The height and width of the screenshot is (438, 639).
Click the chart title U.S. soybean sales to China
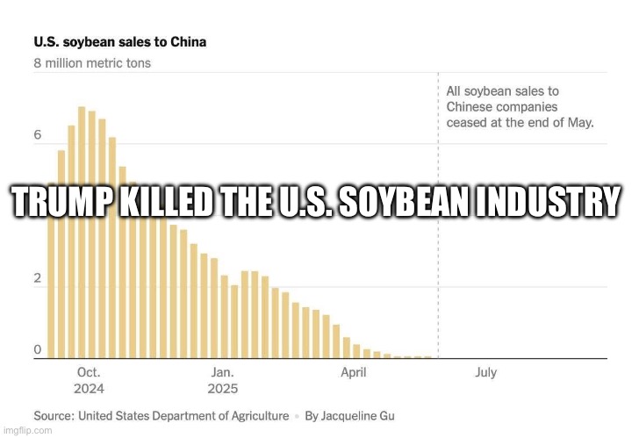(x=120, y=41)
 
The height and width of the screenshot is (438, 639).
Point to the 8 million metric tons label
(x=92, y=63)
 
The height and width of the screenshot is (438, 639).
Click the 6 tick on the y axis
(x=38, y=136)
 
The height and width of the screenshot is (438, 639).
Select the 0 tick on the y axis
(x=38, y=350)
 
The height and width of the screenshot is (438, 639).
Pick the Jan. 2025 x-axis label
(x=222, y=380)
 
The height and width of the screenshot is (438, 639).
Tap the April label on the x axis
(x=354, y=372)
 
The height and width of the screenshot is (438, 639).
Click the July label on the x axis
(x=485, y=372)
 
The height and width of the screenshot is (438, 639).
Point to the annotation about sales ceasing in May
(x=520, y=106)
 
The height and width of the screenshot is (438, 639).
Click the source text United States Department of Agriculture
(x=183, y=415)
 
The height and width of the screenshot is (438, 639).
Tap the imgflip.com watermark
(x=26, y=431)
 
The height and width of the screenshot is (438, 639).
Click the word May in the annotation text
(x=580, y=122)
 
